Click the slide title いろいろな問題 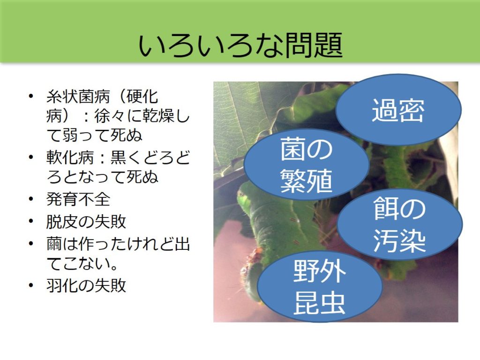pyautogui.click(x=240, y=45)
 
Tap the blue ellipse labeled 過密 pyautogui.click(x=398, y=110)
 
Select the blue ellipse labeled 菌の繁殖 pyautogui.click(x=306, y=165)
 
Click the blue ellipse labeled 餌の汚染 pyautogui.click(x=399, y=225)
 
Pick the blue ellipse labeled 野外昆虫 pyautogui.click(x=320, y=286)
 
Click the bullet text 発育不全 pyautogui.click(x=78, y=199)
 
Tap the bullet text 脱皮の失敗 pyautogui.click(x=86, y=221)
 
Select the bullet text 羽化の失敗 pyautogui.click(x=86, y=285)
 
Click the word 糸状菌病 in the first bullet pyautogui.click(x=78, y=97)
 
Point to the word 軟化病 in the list pyautogui.click(x=70, y=157)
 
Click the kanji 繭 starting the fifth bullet pyautogui.click(x=54, y=244)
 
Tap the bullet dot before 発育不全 pyautogui.click(x=31, y=200)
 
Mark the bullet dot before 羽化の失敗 pyautogui.click(x=31, y=285)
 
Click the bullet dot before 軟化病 pyautogui.click(x=31, y=157)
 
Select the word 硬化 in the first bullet pyautogui.click(x=142, y=97)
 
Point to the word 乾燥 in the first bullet pyautogui.click(x=158, y=116)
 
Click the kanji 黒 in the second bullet pyautogui.click(x=118, y=157)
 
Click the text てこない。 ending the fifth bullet pyautogui.click(x=82, y=263)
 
